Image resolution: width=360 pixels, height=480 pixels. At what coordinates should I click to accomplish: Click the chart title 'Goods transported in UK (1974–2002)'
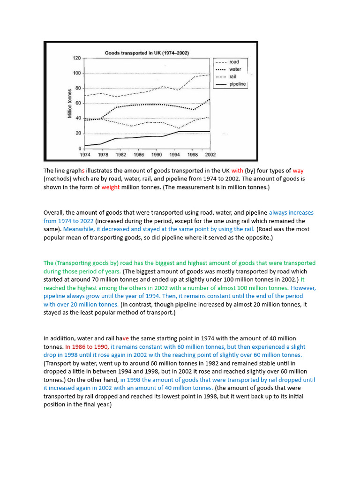click(147, 53)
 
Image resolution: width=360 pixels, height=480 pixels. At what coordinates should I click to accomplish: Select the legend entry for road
click(234, 61)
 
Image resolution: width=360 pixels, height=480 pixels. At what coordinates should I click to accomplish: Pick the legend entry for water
click(235, 69)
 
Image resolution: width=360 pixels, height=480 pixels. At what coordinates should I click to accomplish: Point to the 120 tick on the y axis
click(76, 58)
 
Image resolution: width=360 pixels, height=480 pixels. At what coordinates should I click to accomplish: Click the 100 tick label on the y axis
click(76, 73)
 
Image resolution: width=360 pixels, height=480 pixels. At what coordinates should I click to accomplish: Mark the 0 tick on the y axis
click(79, 149)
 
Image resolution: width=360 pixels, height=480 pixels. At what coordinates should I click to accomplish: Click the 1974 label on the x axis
click(85, 154)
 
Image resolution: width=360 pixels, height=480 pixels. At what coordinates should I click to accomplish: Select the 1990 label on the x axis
click(156, 154)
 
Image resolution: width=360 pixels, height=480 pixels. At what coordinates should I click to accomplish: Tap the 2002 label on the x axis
click(210, 154)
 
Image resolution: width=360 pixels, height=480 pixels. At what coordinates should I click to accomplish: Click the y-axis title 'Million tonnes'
click(69, 103)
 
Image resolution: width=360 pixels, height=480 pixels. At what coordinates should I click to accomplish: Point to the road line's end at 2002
click(210, 75)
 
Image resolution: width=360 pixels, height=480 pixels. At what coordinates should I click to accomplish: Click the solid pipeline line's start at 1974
click(85, 145)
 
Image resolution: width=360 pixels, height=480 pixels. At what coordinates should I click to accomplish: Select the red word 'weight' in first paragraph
click(111, 187)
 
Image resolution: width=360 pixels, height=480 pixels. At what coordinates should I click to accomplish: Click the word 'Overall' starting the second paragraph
click(54, 212)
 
